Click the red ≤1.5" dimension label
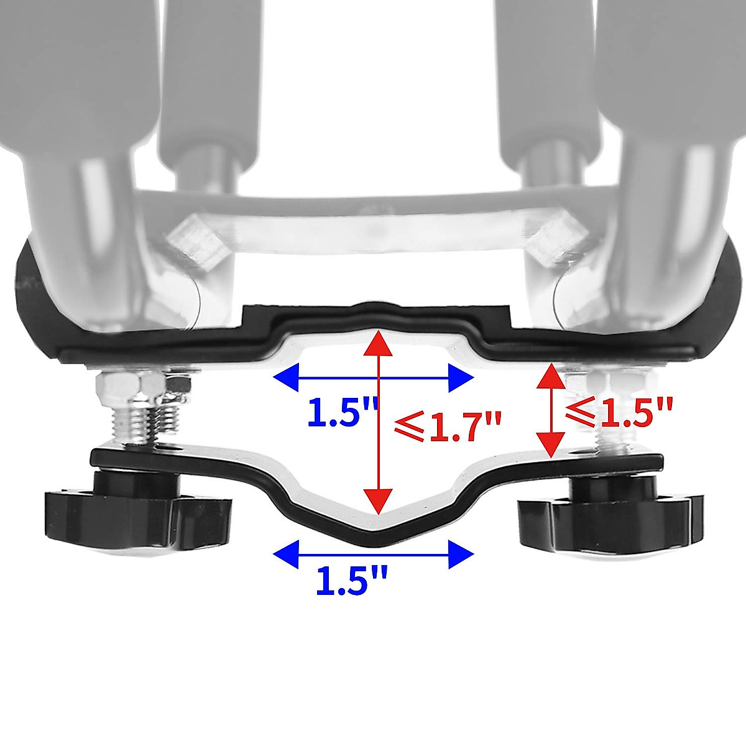[619, 410]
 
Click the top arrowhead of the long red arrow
[378, 343]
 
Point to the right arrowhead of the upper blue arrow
[461, 377]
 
